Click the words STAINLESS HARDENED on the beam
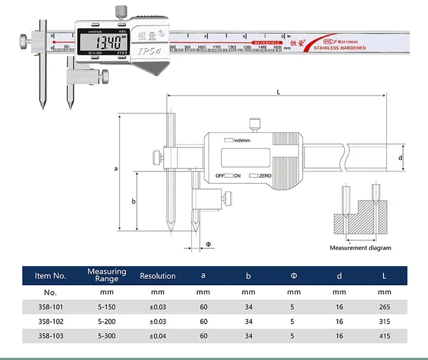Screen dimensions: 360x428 pos(340,48)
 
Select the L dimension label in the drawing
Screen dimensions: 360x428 pos(278,92)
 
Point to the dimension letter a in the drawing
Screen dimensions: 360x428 pos(115,169)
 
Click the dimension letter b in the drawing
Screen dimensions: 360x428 pos(133,201)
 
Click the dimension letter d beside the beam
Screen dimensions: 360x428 pos(400,158)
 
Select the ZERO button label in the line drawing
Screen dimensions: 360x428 pos(265,176)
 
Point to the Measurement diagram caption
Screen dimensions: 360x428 pos(360,248)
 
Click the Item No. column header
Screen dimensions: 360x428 pos(50,276)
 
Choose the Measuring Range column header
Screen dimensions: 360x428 pos(107,275)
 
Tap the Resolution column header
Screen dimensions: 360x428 pos(158,276)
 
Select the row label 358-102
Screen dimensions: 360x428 pos(50,322)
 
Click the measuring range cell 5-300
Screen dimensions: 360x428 pos(107,336)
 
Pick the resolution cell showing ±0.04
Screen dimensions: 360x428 pos(158,336)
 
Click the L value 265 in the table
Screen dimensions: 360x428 pos(385,307)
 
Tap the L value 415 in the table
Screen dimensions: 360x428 pos(385,336)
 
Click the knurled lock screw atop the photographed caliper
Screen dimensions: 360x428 pos(120,11)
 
